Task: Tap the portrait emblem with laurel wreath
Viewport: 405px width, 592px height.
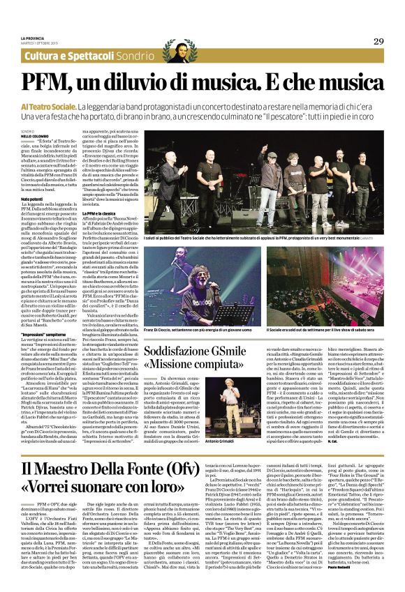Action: (x=170, y=52)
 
